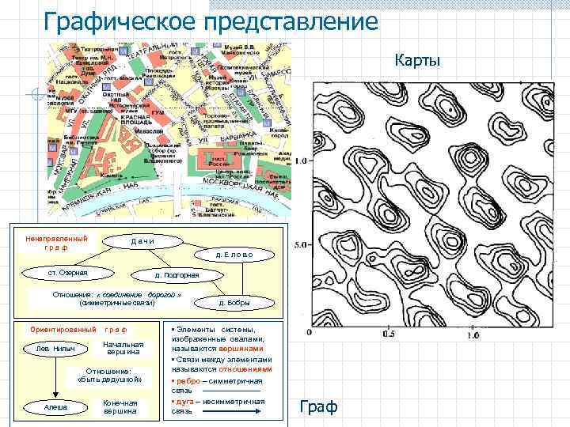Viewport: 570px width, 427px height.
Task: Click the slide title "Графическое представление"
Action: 211,21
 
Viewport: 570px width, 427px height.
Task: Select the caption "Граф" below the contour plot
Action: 320,406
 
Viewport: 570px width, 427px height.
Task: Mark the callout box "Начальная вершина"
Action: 123,349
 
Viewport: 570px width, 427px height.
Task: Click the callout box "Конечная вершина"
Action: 120,406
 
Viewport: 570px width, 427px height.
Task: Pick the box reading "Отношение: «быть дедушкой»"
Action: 110,376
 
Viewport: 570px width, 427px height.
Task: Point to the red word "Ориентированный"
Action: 63,328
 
